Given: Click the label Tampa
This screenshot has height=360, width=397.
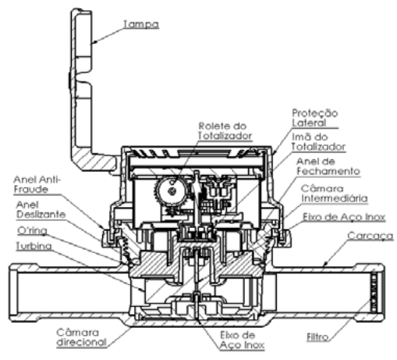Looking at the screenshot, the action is pyautogui.click(x=140, y=24).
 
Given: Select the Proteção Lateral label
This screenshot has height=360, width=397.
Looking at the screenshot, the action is pyautogui.click(x=315, y=118).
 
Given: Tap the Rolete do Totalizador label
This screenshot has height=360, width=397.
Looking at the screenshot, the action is pyautogui.click(x=225, y=131).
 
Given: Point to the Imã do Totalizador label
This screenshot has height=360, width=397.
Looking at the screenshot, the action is pyautogui.click(x=318, y=142).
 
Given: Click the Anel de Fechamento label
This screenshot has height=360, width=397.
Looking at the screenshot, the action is pyautogui.click(x=328, y=166).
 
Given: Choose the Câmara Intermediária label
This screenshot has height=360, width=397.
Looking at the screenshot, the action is pyautogui.click(x=335, y=194).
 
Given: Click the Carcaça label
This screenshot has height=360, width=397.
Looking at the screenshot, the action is pyautogui.click(x=370, y=236).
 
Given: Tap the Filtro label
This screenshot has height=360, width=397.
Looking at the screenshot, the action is pyautogui.click(x=317, y=337).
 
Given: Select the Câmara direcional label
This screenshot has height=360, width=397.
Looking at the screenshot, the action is pyautogui.click(x=82, y=337).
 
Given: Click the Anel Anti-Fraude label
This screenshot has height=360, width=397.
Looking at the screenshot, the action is pyautogui.click(x=37, y=184).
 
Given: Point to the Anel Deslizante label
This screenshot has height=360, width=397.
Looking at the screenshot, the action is pyautogui.click(x=41, y=209).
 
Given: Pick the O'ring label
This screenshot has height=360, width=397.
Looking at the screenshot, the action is pyautogui.click(x=32, y=230).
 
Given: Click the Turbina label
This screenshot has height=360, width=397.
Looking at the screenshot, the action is pyautogui.click(x=34, y=246).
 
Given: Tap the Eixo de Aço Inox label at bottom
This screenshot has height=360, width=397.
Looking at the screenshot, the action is pyautogui.click(x=242, y=340).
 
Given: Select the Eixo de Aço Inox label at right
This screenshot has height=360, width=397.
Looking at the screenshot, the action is pyautogui.click(x=344, y=217).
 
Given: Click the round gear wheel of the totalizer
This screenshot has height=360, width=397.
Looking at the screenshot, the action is pyautogui.click(x=172, y=191).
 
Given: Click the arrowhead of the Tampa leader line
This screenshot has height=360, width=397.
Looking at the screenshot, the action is pyautogui.click(x=94, y=41).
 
